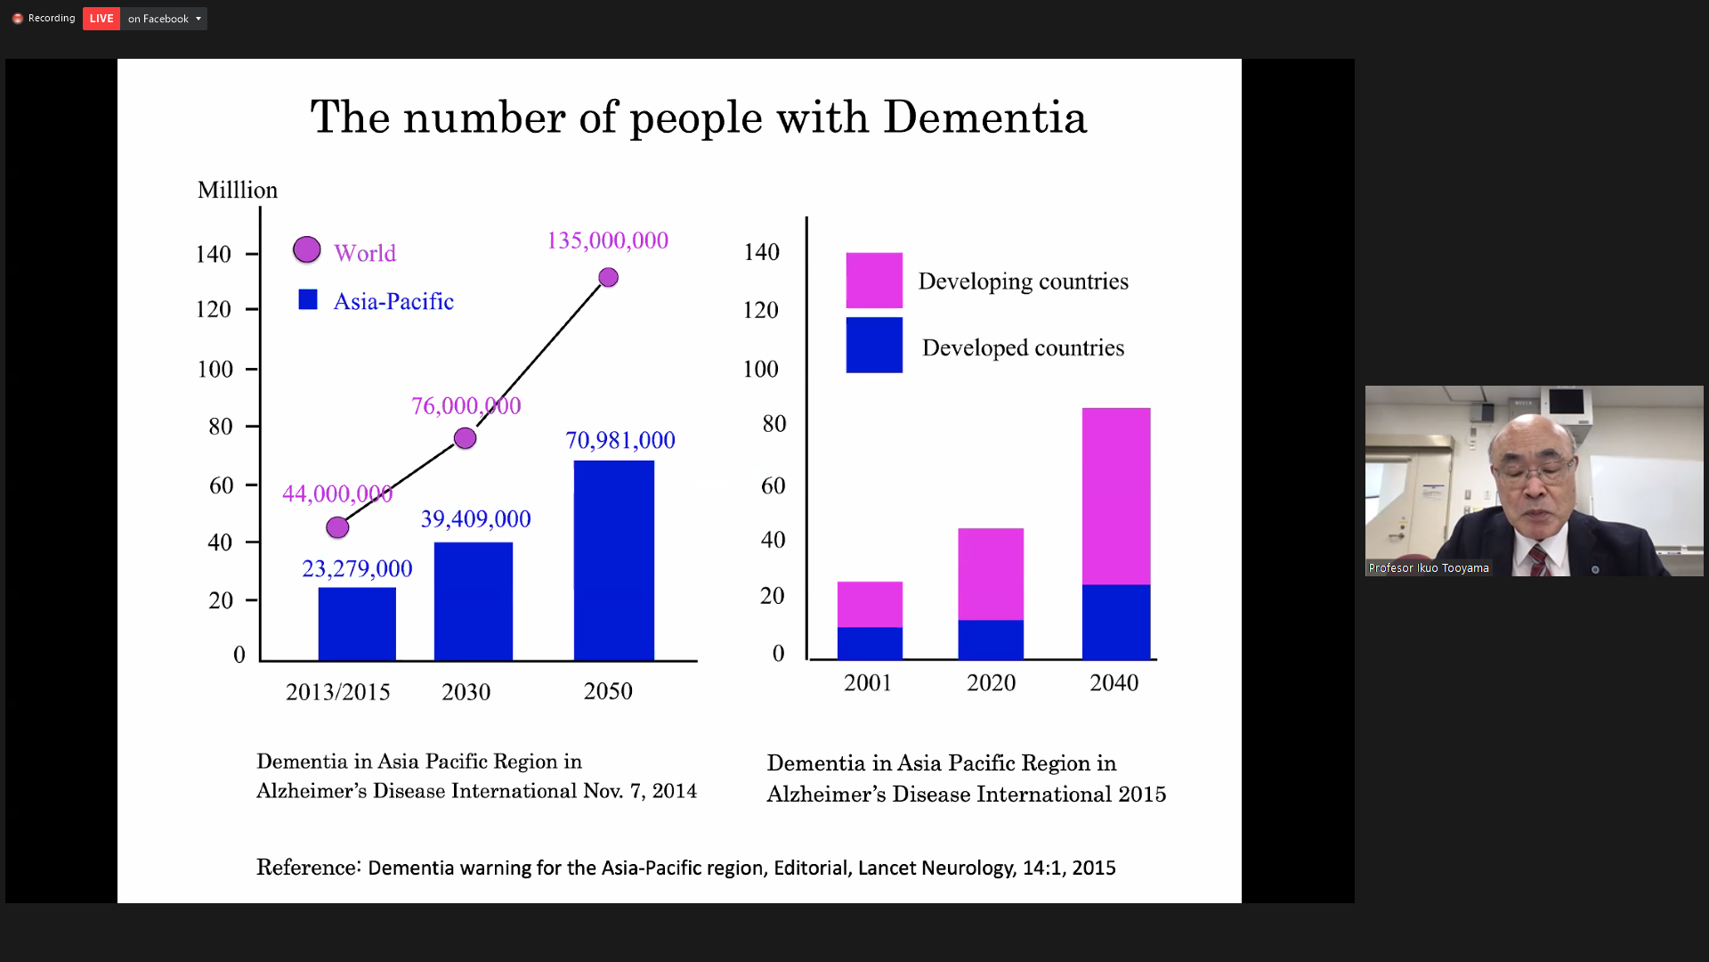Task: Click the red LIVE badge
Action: click(x=101, y=19)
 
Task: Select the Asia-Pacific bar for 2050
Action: click(x=613, y=560)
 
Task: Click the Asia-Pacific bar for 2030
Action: click(x=473, y=601)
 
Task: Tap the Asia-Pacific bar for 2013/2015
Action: click(x=357, y=624)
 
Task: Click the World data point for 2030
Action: click(x=465, y=438)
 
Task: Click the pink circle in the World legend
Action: click(x=307, y=250)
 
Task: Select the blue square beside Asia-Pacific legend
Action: click(x=308, y=300)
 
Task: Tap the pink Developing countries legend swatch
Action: click(x=873, y=281)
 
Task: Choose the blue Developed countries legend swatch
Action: click(x=873, y=346)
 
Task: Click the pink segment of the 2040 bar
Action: click(x=1115, y=496)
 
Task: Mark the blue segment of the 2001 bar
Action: click(x=870, y=643)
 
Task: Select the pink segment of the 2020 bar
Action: click(x=991, y=574)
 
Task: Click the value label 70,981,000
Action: click(x=620, y=440)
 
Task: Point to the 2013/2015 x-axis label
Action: click(x=337, y=692)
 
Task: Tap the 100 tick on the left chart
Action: click(x=215, y=370)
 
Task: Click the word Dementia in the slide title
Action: click(x=984, y=118)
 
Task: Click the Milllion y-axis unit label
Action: click(x=238, y=191)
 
